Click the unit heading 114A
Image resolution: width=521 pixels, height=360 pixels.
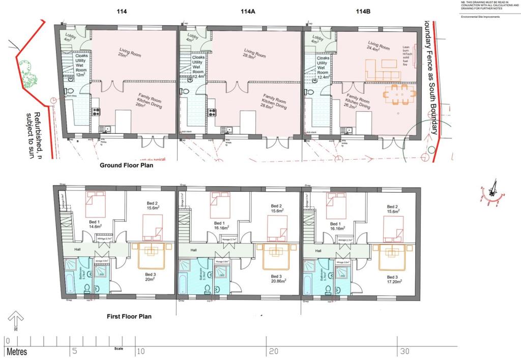[248, 12]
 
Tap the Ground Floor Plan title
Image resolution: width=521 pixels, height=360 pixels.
[126, 165]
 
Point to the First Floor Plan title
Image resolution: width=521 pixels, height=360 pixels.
[129, 316]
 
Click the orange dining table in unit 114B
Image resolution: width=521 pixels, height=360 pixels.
[399, 95]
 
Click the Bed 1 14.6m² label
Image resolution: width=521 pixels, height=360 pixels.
[95, 225]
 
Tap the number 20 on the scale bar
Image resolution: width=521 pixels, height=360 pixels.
[273, 351]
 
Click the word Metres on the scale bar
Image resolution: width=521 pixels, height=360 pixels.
[17, 352]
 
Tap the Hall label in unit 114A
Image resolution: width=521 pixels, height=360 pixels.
[194, 250]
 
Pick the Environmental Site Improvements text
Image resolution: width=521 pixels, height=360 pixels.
[480, 17]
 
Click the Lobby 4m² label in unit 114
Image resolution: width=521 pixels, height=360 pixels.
[69, 37]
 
